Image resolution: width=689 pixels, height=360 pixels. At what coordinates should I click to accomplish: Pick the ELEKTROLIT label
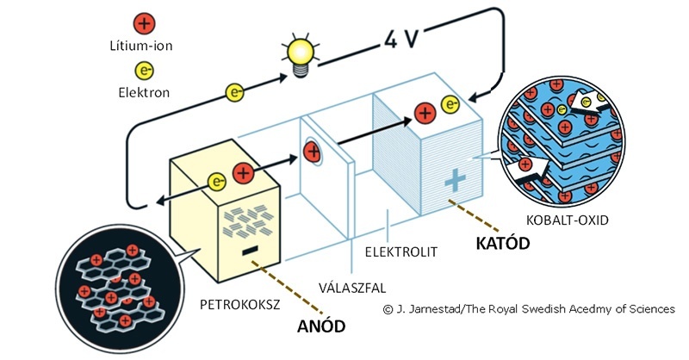[402, 252]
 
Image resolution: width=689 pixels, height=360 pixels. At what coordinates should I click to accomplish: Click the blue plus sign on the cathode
[456, 182]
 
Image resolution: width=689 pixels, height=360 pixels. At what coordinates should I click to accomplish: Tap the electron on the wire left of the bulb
[233, 91]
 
